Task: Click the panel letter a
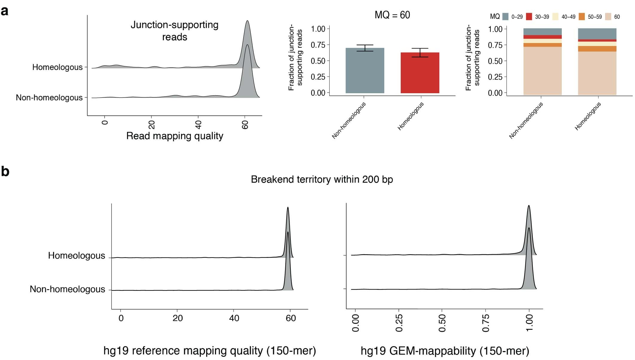pyautogui.click(x=4, y=11)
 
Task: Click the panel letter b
pyautogui.click(x=5, y=171)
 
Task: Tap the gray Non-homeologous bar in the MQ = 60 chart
pyautogui.click(x=365, y=71)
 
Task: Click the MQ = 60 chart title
pyautogui.click(x=392, y=15)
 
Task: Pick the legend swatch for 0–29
pyautogui.click(x=505, y=17)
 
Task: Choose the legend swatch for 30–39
pyautogui.click(x=529, y=17)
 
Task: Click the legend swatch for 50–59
pyautogui.click(x=582, y=17)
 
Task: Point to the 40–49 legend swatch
pyautogui.click(x=555, y=17)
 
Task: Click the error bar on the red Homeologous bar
pyautogui.click(x=420, y=53)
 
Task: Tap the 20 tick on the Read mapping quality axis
pyautogui.click(x=152, y=124)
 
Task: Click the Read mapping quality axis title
pyautogui.click(x=175, y=136)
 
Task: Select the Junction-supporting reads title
pyautogui.click(x=175, y=31)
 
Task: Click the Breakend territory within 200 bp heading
pyautogui.click(x=322, y=179)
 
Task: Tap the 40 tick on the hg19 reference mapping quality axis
pyautogui.click(x=234, y=318)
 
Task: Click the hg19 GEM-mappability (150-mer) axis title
pyautogui.click(x=445, y=351)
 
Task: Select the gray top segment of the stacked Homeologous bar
pyautogui.click(x=597, y=34)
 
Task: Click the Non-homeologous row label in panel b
pyautogui.click(x=67, y=289)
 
